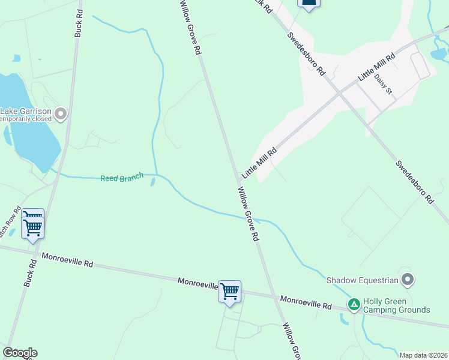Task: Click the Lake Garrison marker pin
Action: click(60, 113)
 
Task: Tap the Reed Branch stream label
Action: click(122, 178)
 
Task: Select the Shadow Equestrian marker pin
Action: click(408, 280)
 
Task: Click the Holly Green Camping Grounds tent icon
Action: click(355, 305)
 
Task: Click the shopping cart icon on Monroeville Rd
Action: click(229, 292)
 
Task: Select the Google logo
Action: click(20, 353)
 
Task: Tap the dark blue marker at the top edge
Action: click(309, 4)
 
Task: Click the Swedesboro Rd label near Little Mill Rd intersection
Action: click(306, 54)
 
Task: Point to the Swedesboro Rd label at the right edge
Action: click(415, 182)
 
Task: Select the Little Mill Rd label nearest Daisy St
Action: click(376, 67)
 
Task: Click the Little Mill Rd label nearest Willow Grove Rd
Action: click(259, 163)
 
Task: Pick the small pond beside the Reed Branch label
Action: click(154, 181)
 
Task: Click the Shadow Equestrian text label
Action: click(363, 280)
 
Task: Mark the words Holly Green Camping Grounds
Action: click(396, 306)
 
